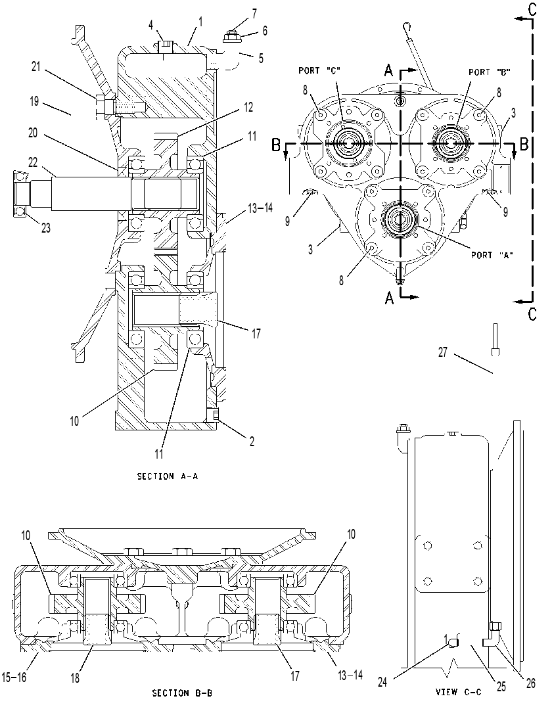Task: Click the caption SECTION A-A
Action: tap(168, 476)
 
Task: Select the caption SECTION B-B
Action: tap(182, 693)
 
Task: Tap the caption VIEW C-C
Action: tap(458, 692)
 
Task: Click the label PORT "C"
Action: tap(319, 70)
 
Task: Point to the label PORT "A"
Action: tap(492, 255)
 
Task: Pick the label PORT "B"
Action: tap(490, 72)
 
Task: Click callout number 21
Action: tap(36, 66)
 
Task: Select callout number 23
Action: tap(46, 227)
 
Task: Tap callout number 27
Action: tap(443, 352)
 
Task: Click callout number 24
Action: tap(382, 681)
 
